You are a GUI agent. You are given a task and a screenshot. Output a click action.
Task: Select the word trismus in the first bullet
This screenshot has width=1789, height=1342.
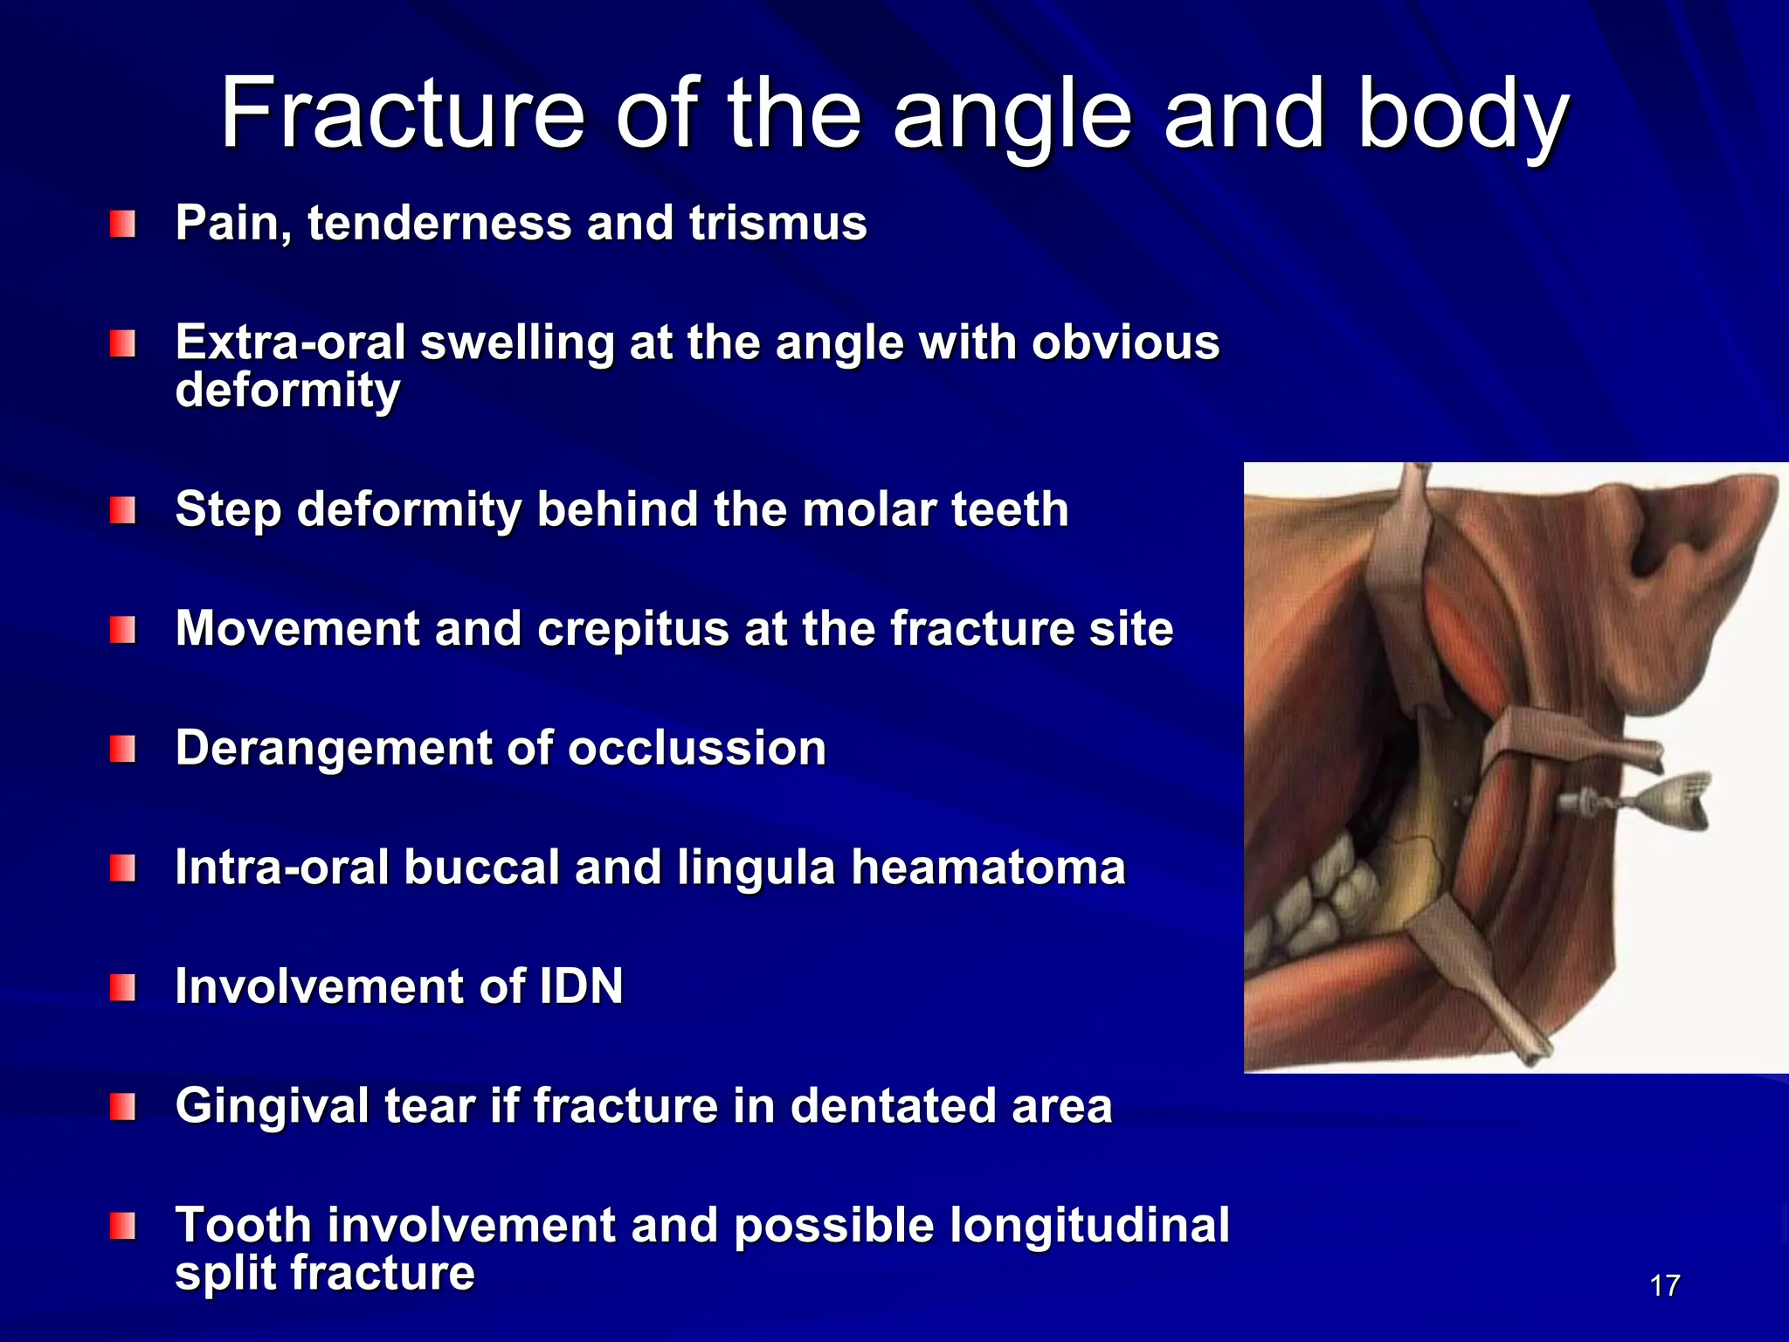tap(777, 223)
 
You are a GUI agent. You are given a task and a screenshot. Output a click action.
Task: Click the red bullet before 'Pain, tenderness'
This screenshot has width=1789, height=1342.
tap(122, 225)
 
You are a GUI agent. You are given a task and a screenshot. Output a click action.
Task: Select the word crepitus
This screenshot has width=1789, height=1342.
tap(632, 629)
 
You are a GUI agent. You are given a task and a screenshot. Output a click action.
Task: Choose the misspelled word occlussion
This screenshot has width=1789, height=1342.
tap(696, 749)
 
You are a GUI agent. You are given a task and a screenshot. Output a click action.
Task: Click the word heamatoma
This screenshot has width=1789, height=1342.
tap(988, 868)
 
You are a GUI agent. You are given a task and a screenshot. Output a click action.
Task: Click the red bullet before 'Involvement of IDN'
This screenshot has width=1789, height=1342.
tap(122, 988)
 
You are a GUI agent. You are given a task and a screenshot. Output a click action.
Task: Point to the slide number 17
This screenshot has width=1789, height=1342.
tap(1664, 1286)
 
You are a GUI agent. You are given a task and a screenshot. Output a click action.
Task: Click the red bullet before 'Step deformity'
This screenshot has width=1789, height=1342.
tap(122, 510)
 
